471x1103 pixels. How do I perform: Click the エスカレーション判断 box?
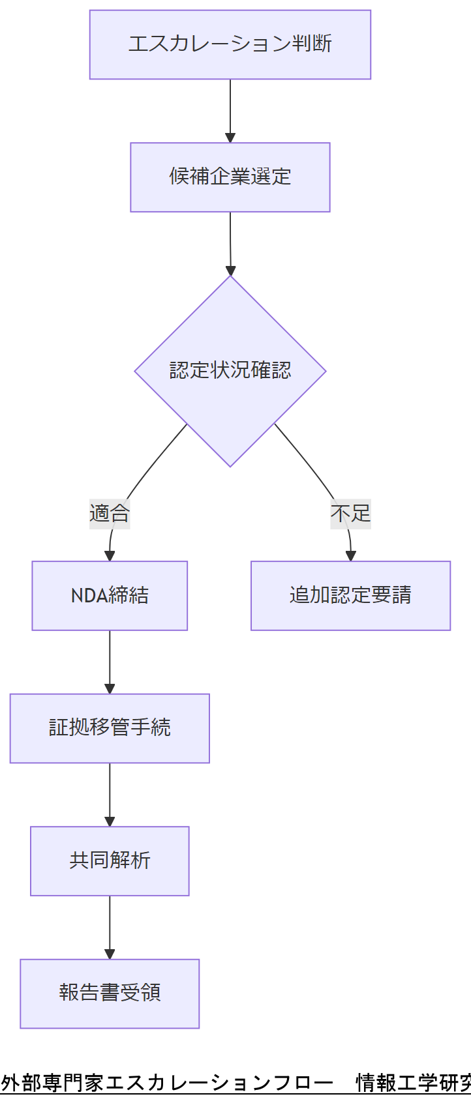[x=230, y=44]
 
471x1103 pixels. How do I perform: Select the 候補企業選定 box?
[x=230, y=177]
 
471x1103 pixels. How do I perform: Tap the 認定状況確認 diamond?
[x=230, y=371]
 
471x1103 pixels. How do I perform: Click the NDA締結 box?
[x=110, y=595]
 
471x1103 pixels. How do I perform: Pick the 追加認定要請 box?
[x=350, y=595]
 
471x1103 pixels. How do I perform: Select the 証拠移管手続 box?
[x=110, y=728]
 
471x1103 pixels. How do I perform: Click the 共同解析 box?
[x=110, y=860]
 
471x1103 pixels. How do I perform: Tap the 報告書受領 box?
[x=110, y=993]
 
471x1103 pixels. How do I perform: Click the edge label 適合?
[x=110, y=514]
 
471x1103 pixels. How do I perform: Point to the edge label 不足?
[x=350, y=514]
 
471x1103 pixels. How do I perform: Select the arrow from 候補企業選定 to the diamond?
[x=230, y=243]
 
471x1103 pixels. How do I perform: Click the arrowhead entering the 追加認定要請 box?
[x=351, y=556]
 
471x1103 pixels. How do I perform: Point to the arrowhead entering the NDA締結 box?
[x=110, y=556]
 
